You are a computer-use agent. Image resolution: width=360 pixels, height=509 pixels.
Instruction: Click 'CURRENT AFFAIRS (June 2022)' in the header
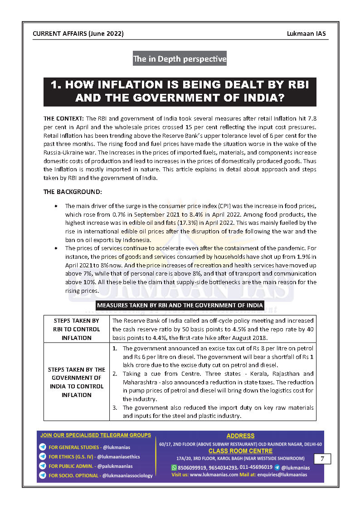pyautogui.click(x=78, y=34)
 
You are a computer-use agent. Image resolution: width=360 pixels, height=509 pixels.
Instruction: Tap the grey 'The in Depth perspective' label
pyautogui.click(x=180, y=59)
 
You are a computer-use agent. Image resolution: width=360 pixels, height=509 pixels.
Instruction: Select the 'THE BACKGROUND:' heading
pyautogui.click(x=73, y=192)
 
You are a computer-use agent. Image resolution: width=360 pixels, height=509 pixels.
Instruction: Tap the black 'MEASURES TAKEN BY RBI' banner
pyautogui.click(x=180, y=305)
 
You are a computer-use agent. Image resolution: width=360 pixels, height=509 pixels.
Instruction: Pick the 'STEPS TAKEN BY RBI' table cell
pyautogui.click(x=77, y=329)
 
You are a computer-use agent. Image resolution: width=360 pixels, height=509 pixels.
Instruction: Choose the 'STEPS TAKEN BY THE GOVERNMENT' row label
pyautogui.click(x=77, y=382)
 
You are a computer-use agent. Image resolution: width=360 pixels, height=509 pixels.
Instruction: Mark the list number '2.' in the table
pyautogui.click(x=115, y=374)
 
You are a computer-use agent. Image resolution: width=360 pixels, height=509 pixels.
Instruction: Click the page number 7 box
pyautogui.click(x=322, y=459)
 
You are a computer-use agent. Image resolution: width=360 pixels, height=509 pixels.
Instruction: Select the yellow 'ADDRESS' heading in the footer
pyautogui.click(x=240, y=436)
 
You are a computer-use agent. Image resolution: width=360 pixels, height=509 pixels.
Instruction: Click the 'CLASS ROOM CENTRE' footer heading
pyautogui.click(x=240, y=451)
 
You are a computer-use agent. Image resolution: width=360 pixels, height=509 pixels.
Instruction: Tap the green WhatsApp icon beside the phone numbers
pyautogui.click(x=174, y=467)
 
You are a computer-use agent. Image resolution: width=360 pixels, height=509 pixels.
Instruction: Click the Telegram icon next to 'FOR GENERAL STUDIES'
pyautogui.click(x=43, y=447)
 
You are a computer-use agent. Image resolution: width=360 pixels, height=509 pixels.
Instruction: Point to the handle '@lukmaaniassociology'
pyautogui.click(x=127, y=475)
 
